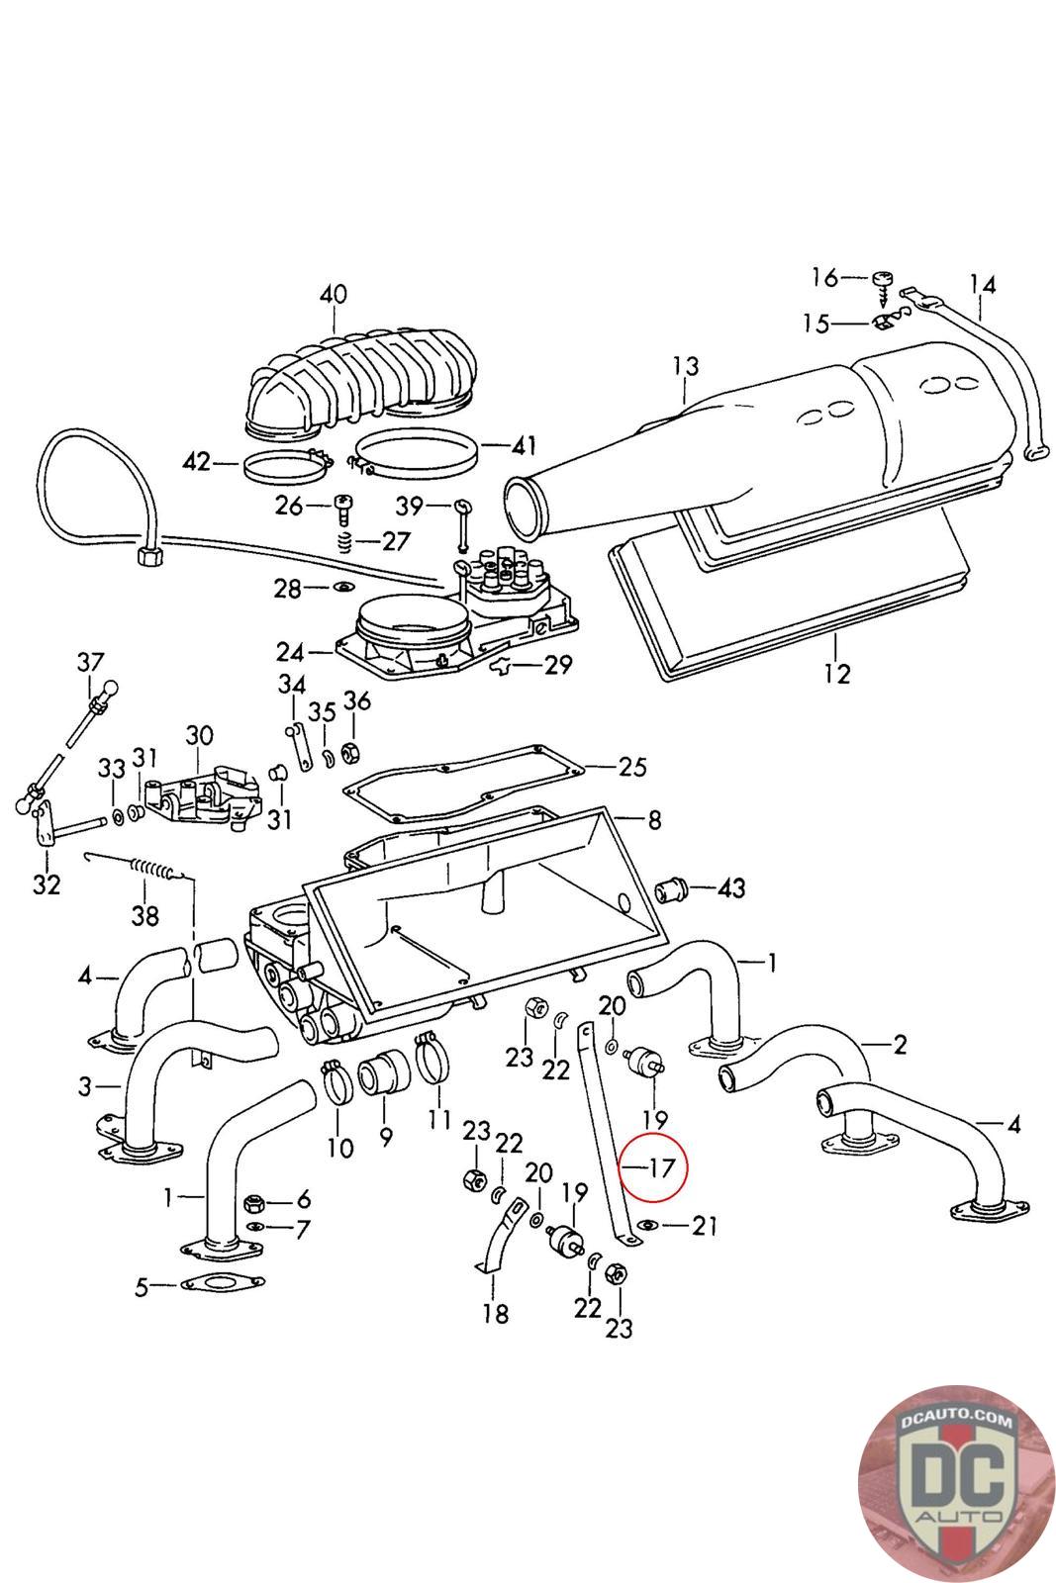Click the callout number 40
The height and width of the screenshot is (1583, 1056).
tap(334, 294)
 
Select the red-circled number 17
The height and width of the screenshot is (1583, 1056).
tap(661, 1167)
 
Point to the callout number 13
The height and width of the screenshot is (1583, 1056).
tap(685, 366)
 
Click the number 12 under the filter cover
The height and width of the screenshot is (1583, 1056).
tap(837, 674)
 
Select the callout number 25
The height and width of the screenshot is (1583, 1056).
tap(632, 766)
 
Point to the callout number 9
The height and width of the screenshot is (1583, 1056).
tap(384, 1138)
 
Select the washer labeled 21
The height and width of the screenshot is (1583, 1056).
tap(647, 1227)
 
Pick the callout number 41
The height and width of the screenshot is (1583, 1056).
tap(523, 446)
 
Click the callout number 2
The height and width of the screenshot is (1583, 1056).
tap(900, 1044)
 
